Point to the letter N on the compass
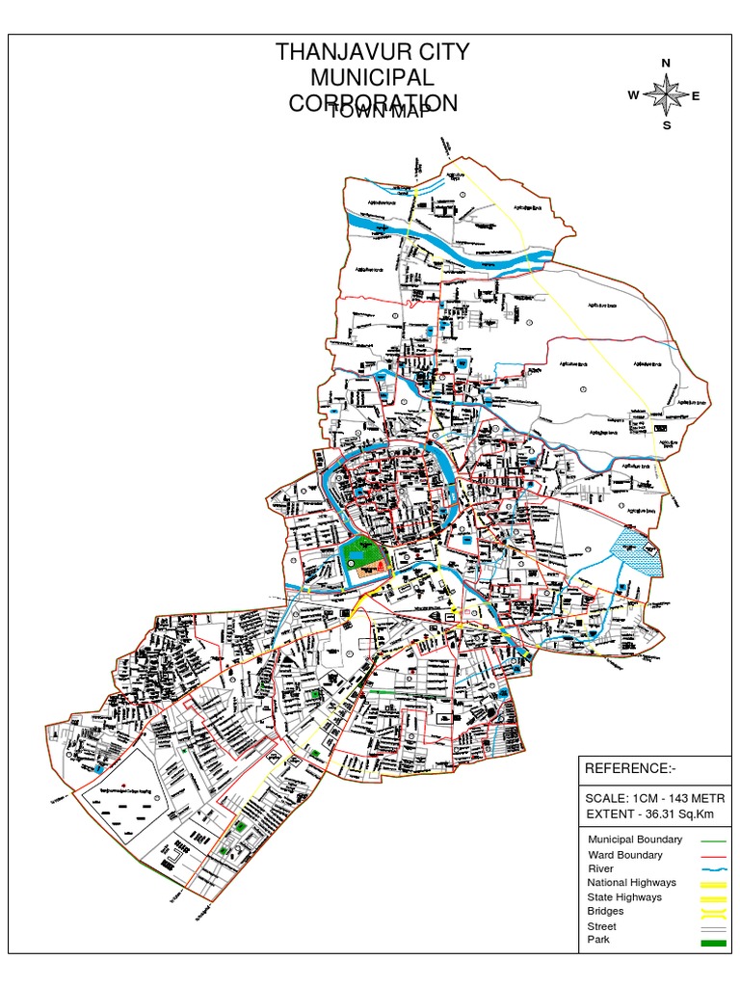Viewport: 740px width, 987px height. pyautogui.click(x=665, y=64)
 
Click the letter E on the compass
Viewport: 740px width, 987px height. pyautogui.click(x=696, y=95)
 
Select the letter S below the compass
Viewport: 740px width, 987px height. pyautogui.click(x=666, y=125)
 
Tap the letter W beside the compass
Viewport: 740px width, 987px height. pyautogui.click(x=633, y=95)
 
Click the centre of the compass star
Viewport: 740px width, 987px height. pyautogui.click(x=665, y=94)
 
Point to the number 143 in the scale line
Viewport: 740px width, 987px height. pyautogui.click(x=674, y=799)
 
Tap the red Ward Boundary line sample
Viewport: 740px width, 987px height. pyautogui.click(x=711, y=855)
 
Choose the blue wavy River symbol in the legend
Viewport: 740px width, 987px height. pyautogui.click(x=711, y=869)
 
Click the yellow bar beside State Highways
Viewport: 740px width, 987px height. pyautogui.click(x=711, y=898)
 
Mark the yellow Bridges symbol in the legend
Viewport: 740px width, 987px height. pyautogui.click(x=711, y=912)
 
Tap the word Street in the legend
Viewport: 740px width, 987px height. pyautogui.click(x=601, y=926)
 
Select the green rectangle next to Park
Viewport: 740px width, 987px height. pyautogui.click(x=711, y=942)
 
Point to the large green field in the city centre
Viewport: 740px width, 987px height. pyautogui.click(x=360, y=557)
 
